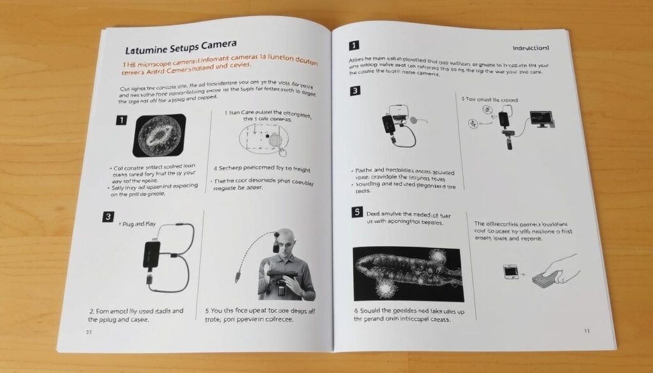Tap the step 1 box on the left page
(x=121, y=119)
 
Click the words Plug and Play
(x=140, y=225)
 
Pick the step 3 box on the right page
(x=355, y=91)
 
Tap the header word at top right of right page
(x=531, y=48)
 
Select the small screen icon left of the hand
(x=511, y=272)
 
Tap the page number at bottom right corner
(x=586, y=332)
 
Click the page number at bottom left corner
(x=89, y=332)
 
